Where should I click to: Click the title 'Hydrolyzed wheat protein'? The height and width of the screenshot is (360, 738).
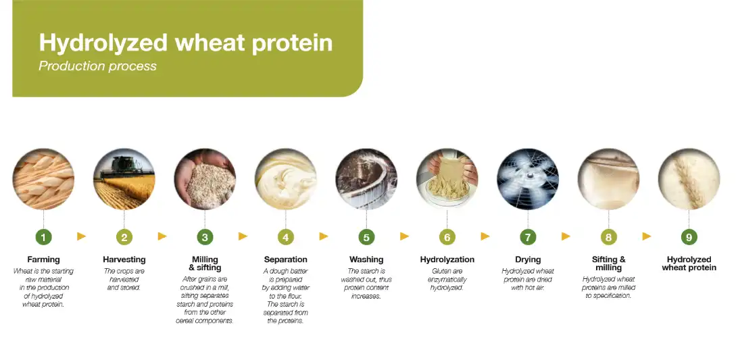[185, 43]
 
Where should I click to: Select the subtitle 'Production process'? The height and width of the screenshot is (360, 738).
[97, 66]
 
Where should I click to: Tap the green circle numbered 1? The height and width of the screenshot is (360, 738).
[43, 237]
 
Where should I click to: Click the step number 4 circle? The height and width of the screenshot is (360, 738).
[285, 237]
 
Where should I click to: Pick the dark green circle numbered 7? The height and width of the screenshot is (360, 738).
[528, 237]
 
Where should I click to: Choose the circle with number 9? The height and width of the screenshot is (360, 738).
[689, 237]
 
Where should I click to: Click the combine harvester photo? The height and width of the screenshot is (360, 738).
[124, 179]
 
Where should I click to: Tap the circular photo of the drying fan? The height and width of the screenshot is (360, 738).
[528, 179]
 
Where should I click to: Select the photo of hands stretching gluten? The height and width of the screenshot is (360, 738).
[447, 179]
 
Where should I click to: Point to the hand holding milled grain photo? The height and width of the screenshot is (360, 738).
[205, 179]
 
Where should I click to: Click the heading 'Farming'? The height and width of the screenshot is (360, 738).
[43, 259]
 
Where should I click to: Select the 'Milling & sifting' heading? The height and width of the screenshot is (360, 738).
[205, 263]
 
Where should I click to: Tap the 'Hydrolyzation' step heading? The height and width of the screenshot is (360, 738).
[447, 259]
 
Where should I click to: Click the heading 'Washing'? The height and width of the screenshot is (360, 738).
[366, 259]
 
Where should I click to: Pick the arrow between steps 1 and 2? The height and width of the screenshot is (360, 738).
[82, 236]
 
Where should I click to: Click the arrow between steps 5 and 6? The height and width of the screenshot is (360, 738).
[405, 236]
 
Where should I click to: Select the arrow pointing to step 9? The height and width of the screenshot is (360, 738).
[647, 236]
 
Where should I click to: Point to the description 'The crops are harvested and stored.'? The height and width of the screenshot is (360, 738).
[124, 279]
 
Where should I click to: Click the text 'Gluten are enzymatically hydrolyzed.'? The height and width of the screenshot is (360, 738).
[447, 279]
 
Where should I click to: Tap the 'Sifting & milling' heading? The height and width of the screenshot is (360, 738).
[608, 263]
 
